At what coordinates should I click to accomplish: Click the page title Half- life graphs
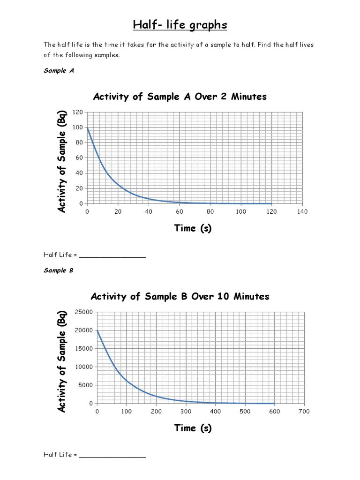click(x=180, y=25)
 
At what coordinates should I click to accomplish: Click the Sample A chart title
click(x=180, y=97)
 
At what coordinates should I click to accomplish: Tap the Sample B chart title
click(x=180, y=296)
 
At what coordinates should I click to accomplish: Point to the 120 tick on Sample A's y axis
click(x=78, y=112)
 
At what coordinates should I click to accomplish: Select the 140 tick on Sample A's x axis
click(x=302, y=212)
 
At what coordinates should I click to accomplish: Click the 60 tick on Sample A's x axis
click(x=180, y=212)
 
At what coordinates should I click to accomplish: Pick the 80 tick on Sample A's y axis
click(x=79, y=142)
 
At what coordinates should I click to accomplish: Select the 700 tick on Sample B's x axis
click(x=304, y=412)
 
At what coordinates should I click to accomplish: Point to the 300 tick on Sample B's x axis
click(x=186, y=412)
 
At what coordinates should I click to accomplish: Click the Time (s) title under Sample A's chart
click(x=193, y=228)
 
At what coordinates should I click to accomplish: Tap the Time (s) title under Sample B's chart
click(x=193, y=428)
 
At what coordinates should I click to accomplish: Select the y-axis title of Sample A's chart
click(x=62, y=162)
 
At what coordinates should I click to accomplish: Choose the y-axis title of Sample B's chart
click(x=62, y=361)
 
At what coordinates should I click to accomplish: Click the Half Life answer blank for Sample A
click(x=112, y=255)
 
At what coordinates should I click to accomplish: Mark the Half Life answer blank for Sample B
click(x=112, y=455)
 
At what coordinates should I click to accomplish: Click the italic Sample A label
click(x=59, y=71)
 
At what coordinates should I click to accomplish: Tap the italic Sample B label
click(x=59, y=270)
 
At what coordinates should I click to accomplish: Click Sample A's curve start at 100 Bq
click(x=88, y=127)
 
